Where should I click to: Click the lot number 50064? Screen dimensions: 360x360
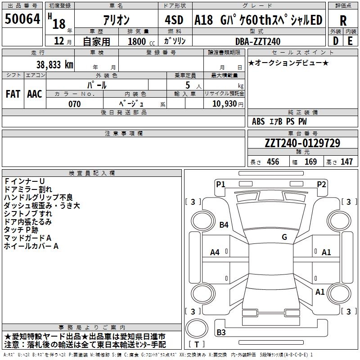(22, 19)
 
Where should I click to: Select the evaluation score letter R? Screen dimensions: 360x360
(343, 21)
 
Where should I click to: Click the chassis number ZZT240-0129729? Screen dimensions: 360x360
(302, 143)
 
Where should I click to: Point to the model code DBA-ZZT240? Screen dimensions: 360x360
(258, 41)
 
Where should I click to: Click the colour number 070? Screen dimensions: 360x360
(74, 104)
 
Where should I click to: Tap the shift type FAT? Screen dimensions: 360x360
(13, 94)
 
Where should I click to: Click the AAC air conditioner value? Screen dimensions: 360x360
(35, 94)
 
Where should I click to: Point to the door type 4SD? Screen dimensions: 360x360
(174, 21)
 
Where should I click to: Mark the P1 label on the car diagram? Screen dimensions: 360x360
(220, 184)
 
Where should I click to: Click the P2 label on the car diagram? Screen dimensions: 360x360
(321, 184)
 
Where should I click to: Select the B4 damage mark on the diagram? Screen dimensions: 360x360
(224, 225)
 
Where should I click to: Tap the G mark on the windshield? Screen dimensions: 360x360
(284, 237)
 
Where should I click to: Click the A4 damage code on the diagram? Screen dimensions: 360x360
(215, 252)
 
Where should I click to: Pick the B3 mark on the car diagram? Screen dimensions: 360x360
(221, 333)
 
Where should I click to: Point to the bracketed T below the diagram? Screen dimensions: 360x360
(197, 345)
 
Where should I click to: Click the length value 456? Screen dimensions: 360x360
(272, 162)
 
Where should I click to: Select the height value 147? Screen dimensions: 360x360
(346, 162)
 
